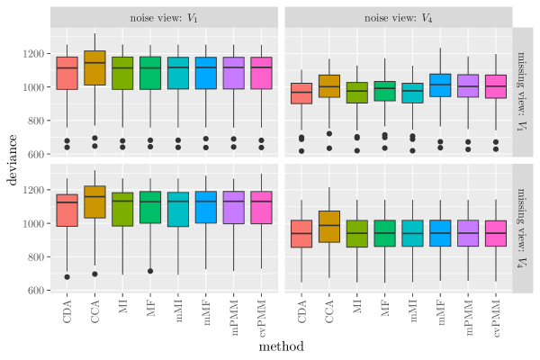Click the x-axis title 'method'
[280, 346]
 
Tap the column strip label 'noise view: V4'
[397, 18]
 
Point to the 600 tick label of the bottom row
[36, 290]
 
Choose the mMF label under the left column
[205, 314]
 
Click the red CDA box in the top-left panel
[67, 73]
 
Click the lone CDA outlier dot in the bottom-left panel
[67, 276]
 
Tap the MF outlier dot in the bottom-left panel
[150, 271]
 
